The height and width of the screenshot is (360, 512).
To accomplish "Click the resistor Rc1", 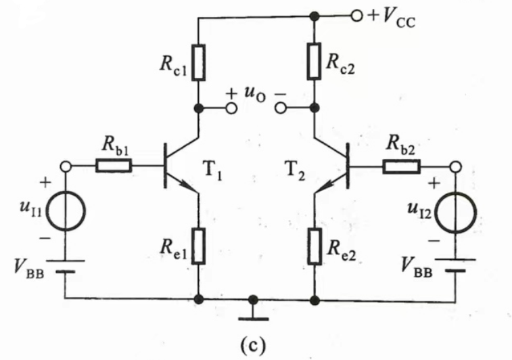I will [x=197, y=62].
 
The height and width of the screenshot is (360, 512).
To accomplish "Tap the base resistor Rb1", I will [x=113, y=165].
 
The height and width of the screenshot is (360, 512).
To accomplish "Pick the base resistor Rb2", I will [x=402, y=165].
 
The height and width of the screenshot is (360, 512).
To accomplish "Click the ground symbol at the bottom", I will [x=253, y=311].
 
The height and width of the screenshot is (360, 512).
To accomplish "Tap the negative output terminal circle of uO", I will [x=281, y=108].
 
